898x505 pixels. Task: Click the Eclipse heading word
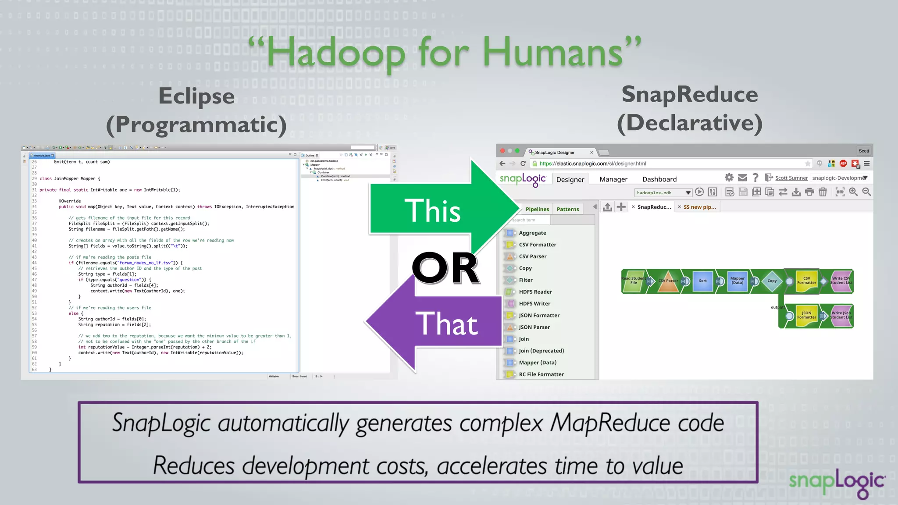click(x=196, y=96)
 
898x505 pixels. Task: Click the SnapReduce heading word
click(x=689, y=94)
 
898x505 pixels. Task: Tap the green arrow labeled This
click(x=432, y=211)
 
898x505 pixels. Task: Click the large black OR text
click(x=445, y=268)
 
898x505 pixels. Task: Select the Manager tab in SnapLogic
click(x=613, y=179)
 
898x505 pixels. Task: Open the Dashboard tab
click(x=659, y=179)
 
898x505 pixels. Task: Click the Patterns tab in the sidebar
click(x=567, y=209)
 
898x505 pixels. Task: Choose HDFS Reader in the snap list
click(x=535, y=292)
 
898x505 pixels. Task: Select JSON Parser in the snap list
click(x=534, y=327)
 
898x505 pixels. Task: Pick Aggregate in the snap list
click(x=532, y=233)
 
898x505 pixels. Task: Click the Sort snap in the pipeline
click(x=702, y=281)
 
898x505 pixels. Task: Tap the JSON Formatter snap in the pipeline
click(x=806, y=316)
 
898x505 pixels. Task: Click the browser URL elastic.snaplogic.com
click(x=592, y=164)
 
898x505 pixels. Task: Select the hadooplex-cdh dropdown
click(x=663, y=192)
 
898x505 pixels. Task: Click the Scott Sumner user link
click(x=791, y=178)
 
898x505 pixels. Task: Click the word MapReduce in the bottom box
click(x=610, y=423)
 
